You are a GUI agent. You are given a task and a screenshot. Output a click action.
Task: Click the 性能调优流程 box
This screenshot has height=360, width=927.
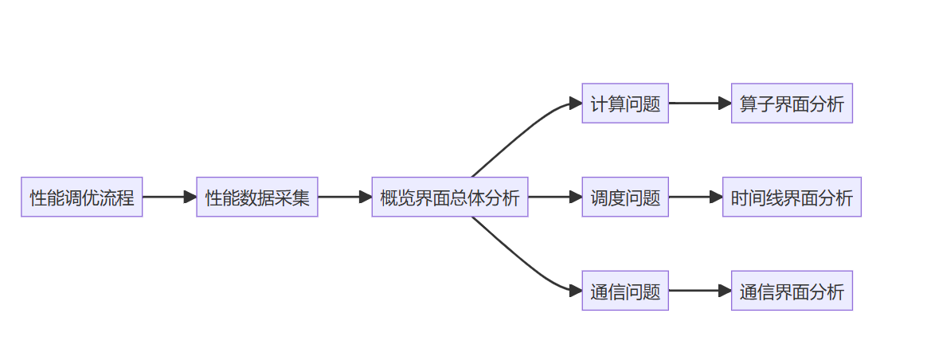pos(82,197)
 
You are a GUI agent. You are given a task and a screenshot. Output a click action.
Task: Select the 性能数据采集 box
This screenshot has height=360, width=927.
pos(257,197)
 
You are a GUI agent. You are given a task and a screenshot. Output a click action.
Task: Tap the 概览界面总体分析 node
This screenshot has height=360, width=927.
pos(450,197)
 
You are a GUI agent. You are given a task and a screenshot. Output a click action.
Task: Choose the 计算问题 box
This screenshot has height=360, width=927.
pos(625,104)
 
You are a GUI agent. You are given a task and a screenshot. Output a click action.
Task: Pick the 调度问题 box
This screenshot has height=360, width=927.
pos(625,197)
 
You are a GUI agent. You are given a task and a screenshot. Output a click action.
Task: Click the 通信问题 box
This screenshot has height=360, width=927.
pos(625,291)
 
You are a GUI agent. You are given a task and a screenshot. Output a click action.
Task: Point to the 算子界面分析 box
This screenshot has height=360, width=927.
pos(792,104)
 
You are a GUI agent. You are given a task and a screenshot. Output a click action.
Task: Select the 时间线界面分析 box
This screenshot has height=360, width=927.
pos(792,197)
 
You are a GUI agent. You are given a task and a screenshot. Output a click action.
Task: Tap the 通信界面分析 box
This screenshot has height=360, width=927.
pos(792,291)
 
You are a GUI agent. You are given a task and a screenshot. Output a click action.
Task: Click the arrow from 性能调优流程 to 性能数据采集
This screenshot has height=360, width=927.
pos(169,197)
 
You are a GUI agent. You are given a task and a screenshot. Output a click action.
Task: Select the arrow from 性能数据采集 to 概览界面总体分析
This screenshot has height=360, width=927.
pos(344,197)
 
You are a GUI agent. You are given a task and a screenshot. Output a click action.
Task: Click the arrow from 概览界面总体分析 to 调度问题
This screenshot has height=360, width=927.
pos(554,197)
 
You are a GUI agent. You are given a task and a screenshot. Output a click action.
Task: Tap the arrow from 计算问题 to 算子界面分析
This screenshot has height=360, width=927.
pos(699,104)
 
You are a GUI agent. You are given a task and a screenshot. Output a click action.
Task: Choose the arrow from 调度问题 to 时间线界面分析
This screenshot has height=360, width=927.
pos(694,197)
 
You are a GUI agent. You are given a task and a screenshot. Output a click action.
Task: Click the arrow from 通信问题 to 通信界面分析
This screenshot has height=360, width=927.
pos(699,291)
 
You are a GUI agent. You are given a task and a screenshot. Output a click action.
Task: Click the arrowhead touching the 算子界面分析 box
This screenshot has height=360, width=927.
pos(725,104)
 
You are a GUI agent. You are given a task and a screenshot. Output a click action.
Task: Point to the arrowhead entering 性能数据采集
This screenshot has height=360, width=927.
pos(190,197)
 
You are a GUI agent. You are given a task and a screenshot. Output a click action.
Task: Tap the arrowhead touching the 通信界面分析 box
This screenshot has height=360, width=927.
pos(725,291)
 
